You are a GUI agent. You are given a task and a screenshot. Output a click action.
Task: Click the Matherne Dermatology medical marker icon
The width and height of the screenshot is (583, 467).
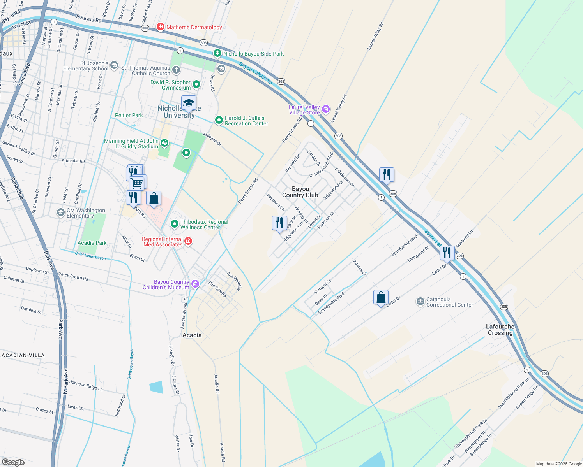[160, 27]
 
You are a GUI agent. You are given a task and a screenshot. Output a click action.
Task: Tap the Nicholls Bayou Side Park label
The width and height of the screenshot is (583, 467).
[253, 54]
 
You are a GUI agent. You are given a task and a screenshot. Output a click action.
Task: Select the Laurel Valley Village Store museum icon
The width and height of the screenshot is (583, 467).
[326, 109]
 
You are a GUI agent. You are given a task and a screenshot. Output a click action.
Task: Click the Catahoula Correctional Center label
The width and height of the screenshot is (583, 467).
[449, 302]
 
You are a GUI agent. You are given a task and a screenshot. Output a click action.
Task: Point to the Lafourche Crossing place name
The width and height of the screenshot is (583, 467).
[500, 330]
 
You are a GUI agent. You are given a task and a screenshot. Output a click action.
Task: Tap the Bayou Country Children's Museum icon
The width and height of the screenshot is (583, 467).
[195, 284]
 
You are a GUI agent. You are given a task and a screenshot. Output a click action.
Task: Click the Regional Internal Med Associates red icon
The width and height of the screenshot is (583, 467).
[188, 241]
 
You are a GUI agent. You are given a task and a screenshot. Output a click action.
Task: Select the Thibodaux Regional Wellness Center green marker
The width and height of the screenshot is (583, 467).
[175, 224]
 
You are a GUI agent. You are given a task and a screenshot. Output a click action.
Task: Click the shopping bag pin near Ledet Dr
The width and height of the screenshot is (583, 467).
[381, 298]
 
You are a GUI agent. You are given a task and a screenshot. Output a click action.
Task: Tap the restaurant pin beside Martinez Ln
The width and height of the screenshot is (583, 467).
[447, 253]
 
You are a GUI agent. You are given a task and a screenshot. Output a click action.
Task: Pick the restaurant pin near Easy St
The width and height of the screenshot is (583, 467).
[279, 223]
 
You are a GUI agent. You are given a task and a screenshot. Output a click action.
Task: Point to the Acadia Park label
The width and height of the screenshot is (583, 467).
[92, 243]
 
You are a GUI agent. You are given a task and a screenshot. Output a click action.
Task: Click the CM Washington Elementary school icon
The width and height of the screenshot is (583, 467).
[60, 212]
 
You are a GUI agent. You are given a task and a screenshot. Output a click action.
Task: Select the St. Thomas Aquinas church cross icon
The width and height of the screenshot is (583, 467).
[176, 70]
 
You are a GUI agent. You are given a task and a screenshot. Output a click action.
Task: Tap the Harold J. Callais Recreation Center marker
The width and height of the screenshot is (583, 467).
[219, 120]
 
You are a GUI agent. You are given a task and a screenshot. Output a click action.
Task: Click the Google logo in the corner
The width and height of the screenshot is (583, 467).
[13, 462]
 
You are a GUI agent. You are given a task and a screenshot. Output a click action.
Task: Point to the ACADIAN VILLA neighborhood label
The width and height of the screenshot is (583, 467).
[23, 355]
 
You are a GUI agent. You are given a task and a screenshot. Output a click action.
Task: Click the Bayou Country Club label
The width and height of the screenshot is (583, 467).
[300, 192]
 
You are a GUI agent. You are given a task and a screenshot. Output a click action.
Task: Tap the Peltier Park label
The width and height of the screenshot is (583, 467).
[129, 115]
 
